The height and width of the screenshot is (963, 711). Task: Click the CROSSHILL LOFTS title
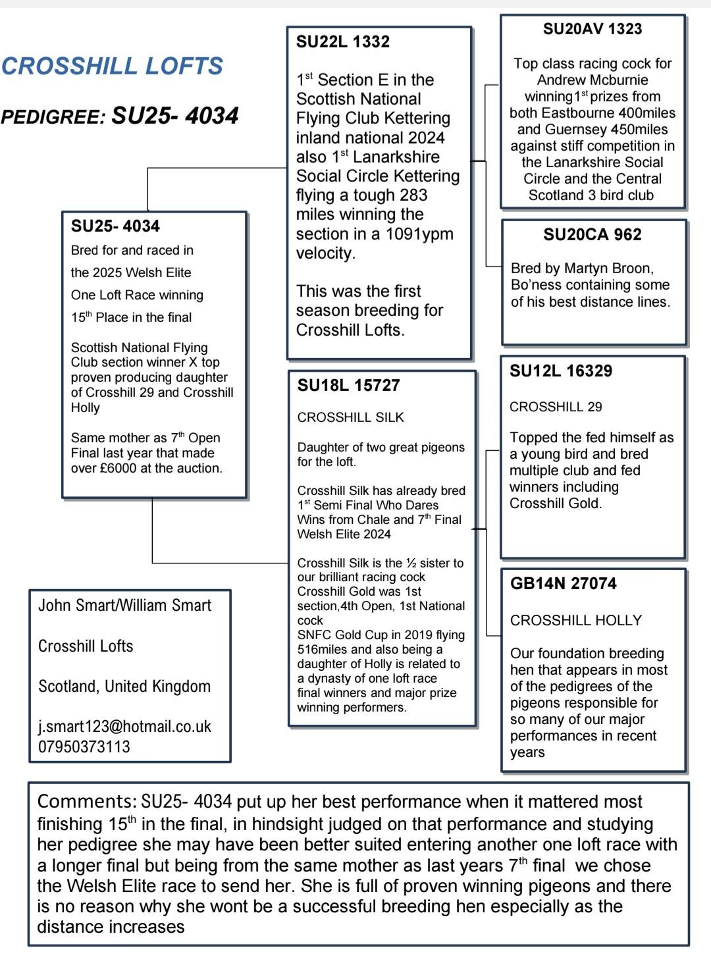point(112,66)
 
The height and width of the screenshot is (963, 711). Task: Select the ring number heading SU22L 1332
point(343,42)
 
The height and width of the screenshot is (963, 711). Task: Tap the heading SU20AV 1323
point(592,29)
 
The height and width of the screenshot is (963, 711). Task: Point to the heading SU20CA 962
point(592,235)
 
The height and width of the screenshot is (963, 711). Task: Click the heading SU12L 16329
point(561,371)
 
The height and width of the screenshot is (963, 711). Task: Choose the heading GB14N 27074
point(564,584)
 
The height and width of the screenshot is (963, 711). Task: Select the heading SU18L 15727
point(348,386)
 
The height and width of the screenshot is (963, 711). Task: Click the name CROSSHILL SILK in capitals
point(351,417)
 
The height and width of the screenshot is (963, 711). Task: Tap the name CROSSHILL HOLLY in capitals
point(576,621)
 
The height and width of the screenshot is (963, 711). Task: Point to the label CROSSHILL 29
point(556,407)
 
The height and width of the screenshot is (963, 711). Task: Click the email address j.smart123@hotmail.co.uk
point(124,727)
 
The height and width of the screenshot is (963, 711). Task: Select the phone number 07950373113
point(84,747)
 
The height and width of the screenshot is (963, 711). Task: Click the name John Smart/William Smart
point(125,606)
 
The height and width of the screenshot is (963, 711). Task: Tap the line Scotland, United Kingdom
point(124,687)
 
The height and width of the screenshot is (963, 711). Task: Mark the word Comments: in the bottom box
point(86,802)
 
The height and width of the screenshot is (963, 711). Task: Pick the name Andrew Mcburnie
point(592,80)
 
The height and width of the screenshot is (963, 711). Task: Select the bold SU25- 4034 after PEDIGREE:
point(175,117)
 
